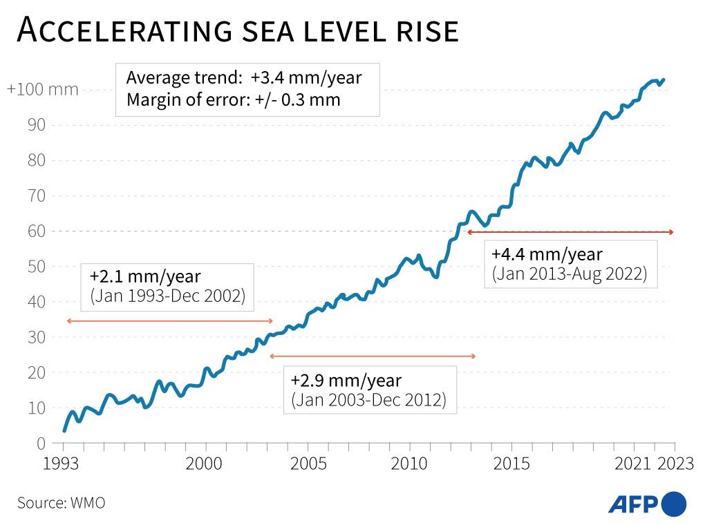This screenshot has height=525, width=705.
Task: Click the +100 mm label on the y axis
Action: [x=42, y=90]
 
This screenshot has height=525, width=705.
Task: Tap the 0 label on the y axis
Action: [x=41, y=443]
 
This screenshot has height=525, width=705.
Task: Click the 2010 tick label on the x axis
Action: [x=409, y=464]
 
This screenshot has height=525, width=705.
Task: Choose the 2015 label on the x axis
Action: [x=512, y=464]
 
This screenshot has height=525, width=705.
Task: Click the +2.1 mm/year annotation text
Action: [x=145, y=277]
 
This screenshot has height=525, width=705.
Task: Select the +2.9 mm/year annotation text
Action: [x=346, y=381]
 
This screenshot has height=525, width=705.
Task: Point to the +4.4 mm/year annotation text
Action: [x=547, y=254]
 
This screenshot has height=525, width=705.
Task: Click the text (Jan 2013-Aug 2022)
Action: [x=570, y=274]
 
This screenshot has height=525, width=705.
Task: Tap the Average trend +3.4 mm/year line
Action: [x=244, y=77]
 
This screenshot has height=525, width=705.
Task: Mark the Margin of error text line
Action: [x=233, y=99]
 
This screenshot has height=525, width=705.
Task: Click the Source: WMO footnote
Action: [x=61, y=502]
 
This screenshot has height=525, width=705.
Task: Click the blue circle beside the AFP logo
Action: [x=675, y=504]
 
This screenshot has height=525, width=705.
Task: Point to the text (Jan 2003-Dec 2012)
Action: [x=368, y=400]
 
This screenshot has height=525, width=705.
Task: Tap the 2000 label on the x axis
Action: [x=205, y=464]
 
